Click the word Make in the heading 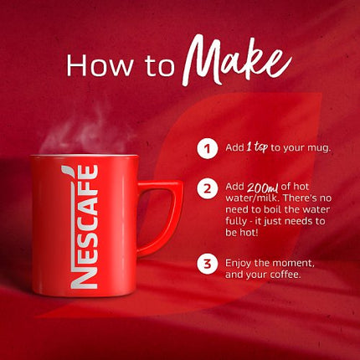click(x=237, y=60)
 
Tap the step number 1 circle click(x=204, y=149)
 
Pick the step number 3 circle click(x=204, y=265)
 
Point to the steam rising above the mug click(x=63, y=130)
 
